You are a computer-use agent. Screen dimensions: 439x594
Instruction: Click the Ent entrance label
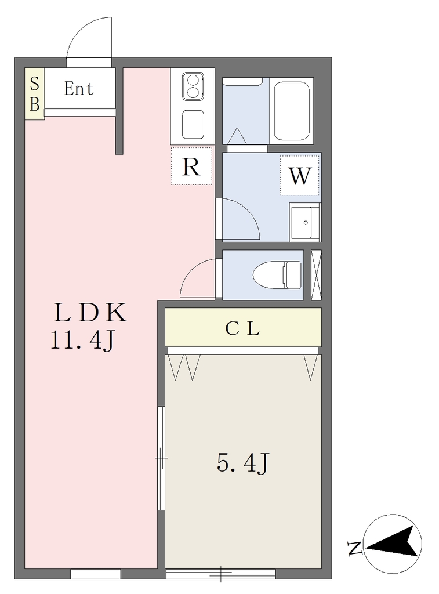[x=78, y=89]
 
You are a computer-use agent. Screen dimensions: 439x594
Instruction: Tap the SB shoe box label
[x=34, y=93]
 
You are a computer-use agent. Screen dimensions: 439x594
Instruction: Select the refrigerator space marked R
[x=191, y=166]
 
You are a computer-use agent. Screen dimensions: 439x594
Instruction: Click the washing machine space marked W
[x=300, y=176]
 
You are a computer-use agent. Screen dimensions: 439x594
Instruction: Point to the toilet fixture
[x=277, y=274]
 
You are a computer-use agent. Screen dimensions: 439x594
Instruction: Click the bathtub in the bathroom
[x=292, y=111]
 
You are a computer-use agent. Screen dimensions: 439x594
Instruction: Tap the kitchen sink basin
[x=193, y=125]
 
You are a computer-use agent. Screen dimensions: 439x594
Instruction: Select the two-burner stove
[x=193, y=87]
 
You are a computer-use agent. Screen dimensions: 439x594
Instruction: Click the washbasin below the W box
[x=305, y=222]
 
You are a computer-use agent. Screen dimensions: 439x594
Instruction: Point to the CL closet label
[x=242, y=328]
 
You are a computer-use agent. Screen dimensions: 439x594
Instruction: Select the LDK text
[x=90, y=313]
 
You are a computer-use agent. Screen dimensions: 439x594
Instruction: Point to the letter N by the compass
[x=354, y=548]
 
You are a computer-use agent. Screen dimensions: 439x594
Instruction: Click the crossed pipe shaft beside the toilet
[x=316, y=275]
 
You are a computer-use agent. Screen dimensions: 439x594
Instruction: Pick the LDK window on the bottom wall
[x=96, y=574]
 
